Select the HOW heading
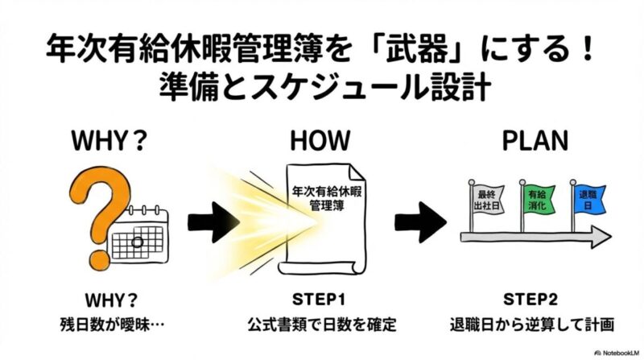click(320, 142)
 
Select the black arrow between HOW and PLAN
click(420, 219)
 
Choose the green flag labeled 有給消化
click(537, 198)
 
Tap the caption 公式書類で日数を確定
click(320, 325)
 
